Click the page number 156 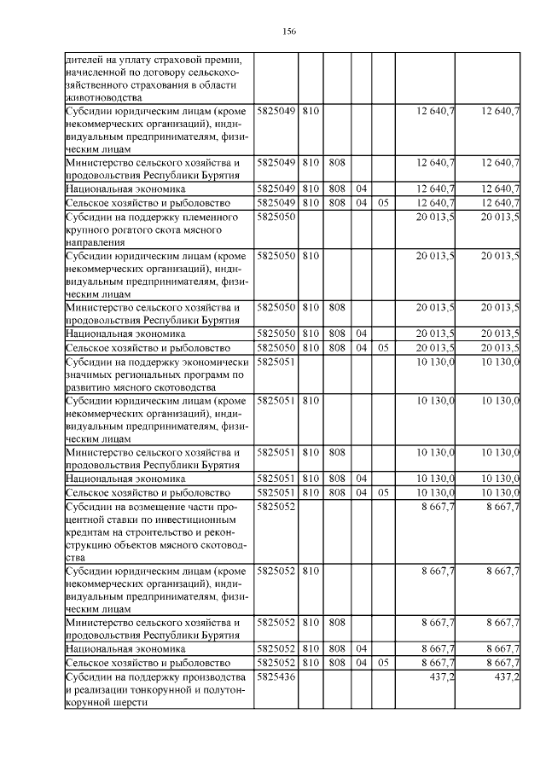pos(288,32)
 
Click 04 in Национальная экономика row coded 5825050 pos(361,334)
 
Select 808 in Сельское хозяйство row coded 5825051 pos(336,493)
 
